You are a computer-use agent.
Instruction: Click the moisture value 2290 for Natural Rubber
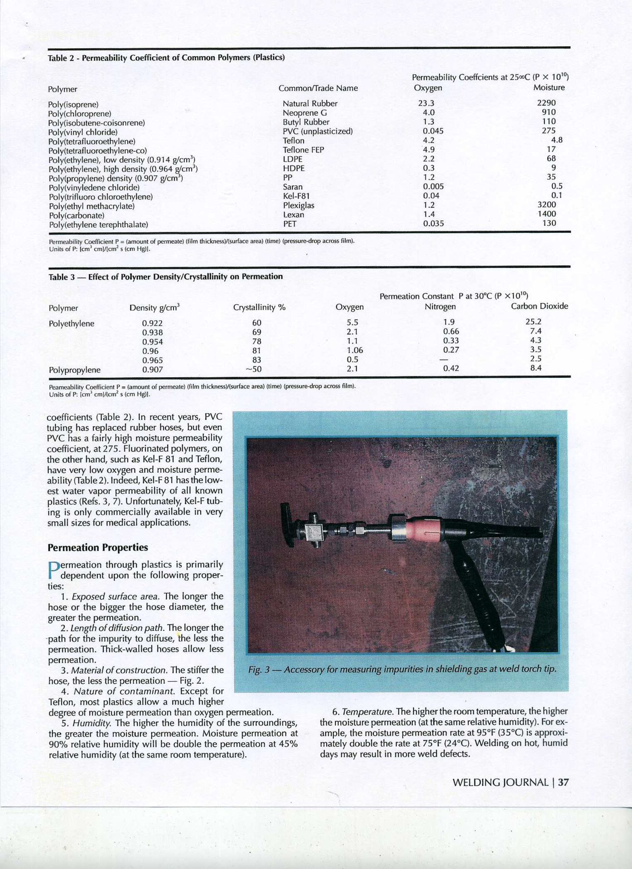point(546,103)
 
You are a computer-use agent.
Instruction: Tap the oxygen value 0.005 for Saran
point(433,186)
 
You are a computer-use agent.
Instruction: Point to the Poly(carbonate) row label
point(76,216)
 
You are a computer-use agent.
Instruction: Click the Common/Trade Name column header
point(318,88)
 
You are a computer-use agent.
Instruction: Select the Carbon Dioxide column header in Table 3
point(539,306)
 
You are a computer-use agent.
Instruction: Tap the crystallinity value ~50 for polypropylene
point(254,369)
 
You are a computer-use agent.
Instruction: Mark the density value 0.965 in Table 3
point(152,360)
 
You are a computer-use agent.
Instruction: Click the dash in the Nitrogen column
point(443,360)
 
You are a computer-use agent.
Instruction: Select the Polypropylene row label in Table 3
point(74,370)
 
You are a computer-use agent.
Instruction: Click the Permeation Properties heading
point(98,547)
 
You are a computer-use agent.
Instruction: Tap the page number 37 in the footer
point(563,782)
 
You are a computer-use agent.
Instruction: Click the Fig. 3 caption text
point(402,669)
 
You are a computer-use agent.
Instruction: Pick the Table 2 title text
point(166,58)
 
